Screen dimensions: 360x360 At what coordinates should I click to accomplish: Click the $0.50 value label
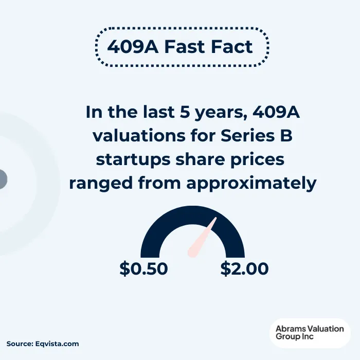click(x=143, y=268)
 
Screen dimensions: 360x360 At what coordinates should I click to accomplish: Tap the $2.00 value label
click(x=244, y=268)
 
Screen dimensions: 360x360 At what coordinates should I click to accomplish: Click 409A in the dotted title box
click(x=130, y=47)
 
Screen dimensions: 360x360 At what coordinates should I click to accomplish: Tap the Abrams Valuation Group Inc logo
click(x=310, y=333)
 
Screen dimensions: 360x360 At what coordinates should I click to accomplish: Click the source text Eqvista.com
click(x=58, y=344)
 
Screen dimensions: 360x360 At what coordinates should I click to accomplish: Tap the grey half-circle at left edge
click(x=3, y=179)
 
